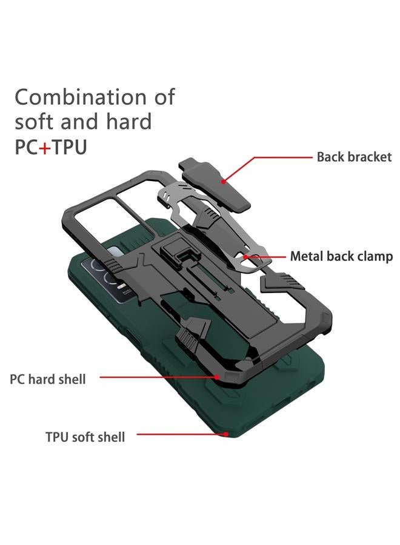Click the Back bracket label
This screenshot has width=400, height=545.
pos(354,157)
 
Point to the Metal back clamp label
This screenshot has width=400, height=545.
pos(341,256)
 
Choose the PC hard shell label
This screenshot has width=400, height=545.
pos(48,380)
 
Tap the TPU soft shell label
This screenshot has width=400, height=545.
pos(85,436)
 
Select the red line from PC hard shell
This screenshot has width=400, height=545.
pos(158,377)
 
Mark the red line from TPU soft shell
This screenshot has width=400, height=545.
pos(182,434)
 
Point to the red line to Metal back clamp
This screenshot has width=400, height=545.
pos(267,256)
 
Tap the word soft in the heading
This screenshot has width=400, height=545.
pos(35,122)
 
